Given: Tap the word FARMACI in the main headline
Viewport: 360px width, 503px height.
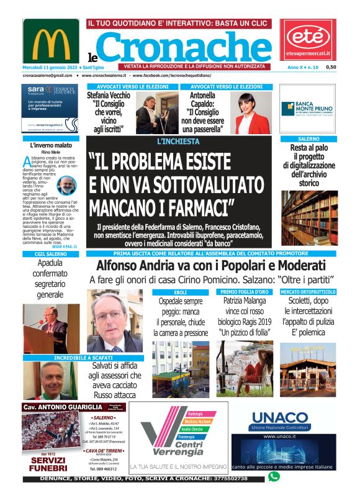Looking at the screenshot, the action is tap(192, 202).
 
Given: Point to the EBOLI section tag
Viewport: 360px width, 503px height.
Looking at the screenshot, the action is tap(180, 292).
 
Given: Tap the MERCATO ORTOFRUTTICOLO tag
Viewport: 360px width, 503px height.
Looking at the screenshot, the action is tap(308, 291).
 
